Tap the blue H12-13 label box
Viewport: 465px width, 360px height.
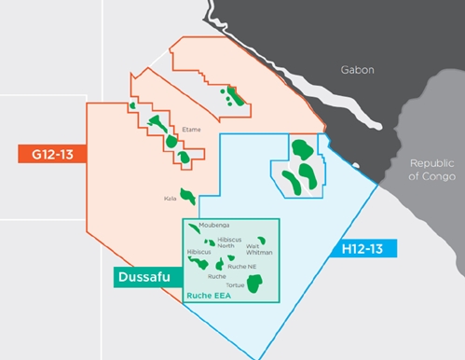(362, 248)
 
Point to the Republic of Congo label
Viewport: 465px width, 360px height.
(432, 169)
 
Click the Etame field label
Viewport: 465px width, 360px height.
(192, 131)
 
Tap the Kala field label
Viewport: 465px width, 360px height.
(170, 198)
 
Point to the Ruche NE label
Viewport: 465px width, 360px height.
(241, 267)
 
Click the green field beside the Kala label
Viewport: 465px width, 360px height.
(189, 196)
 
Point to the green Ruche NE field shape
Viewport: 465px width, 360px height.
(234, 257)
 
